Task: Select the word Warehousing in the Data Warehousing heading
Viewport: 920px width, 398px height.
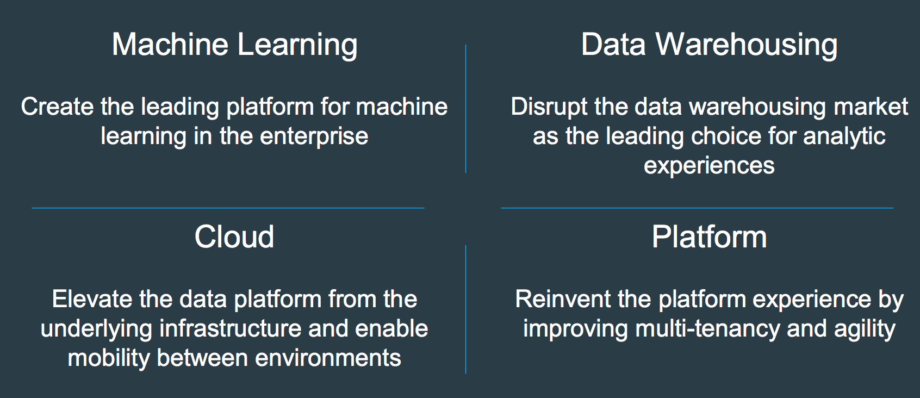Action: pyautogui.click(x=746, y=45)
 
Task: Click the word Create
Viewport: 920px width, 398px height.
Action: pyautogui.click(x=58, y=107)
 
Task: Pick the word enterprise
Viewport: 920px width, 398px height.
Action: pyautogui.click(x=314, y=137)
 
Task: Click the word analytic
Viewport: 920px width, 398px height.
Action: pyautogui.click(x=844, y=137)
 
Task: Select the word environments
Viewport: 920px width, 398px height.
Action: pyautogui.click(x=328, y=358)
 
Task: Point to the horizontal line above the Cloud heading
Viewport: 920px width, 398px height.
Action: pyautogui.click(x=228, y=208)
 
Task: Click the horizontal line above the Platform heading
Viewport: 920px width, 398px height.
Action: pyautogui.click(x=697, y=208)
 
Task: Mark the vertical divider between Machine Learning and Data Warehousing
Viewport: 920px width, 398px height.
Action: pyautogui.click(x=466, y=109)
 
